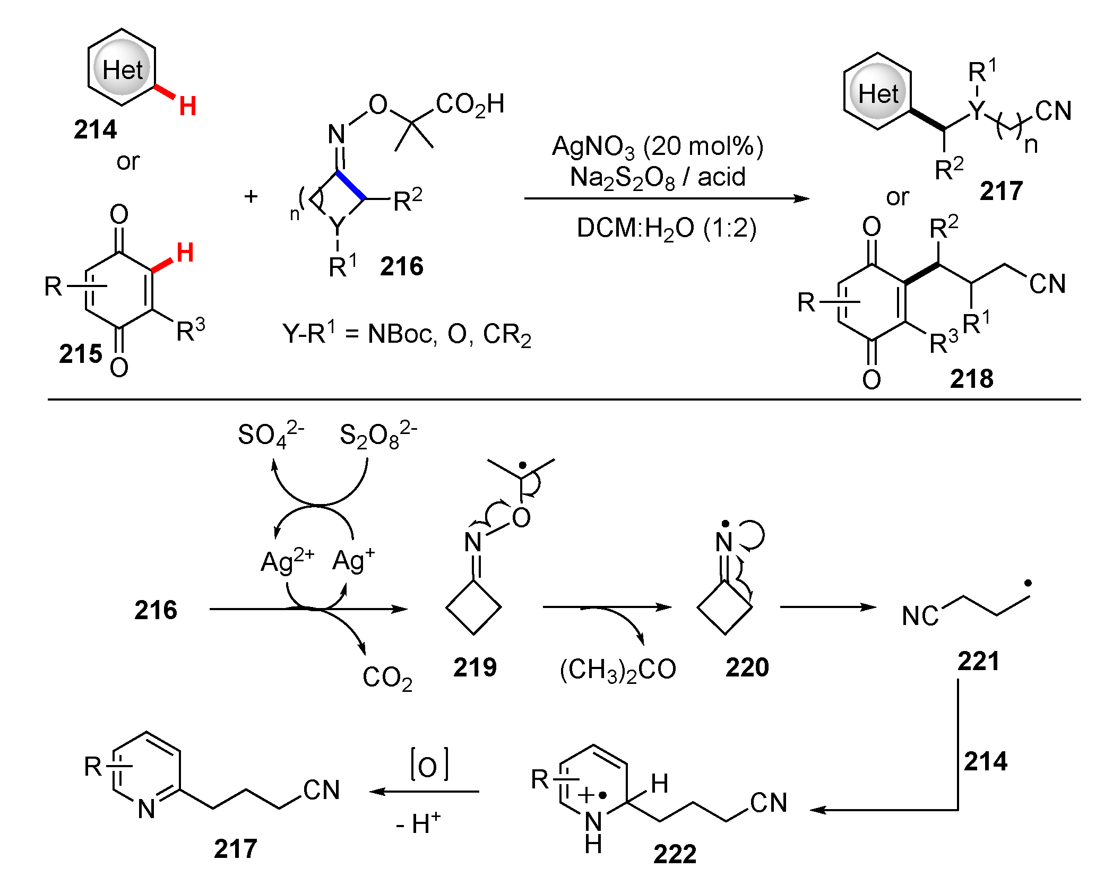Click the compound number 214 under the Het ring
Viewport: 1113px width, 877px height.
[x=95, y=129]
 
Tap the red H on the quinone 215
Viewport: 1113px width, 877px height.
[x=185, y=253]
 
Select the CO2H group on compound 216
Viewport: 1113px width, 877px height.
[x=470, y=105]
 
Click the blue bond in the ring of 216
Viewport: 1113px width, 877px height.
[x=351, y=185]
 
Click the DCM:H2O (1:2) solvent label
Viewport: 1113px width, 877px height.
[x=666, y=229]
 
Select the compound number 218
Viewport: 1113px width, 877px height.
[x=971, y=379]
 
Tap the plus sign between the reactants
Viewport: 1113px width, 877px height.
[x=251, y=197]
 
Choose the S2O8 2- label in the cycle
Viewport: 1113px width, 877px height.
[x=378, y=435]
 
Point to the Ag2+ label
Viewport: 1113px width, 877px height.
[x=287, y=561]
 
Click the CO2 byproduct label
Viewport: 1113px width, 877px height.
[x=387, y=678]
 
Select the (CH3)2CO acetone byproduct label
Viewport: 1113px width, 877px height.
[x=618, y=670]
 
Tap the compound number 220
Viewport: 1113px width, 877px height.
[x=747, y=667]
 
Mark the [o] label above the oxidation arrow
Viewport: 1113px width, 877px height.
[x=429, y=764]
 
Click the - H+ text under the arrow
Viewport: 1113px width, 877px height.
[x=418, y=823]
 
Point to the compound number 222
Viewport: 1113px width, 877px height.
[x=675, y=854]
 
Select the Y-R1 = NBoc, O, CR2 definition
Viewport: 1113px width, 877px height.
[x=407, y=334]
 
